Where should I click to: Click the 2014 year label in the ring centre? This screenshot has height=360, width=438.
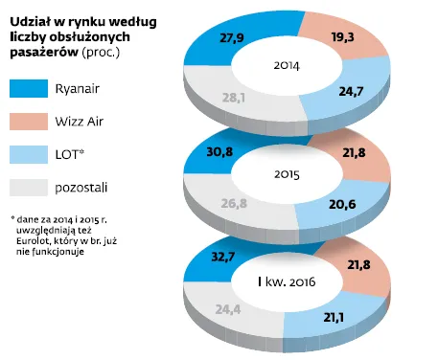pos(288,67)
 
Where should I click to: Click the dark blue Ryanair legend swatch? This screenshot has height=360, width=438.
pos(33,89)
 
